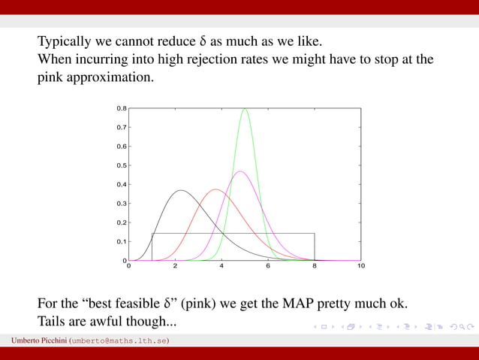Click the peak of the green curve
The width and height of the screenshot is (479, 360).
click(245, 110)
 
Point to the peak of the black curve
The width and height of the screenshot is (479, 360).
click(181, 191)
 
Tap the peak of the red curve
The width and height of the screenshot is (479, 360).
click(216, 189)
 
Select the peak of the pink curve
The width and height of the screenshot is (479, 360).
click(240, 171)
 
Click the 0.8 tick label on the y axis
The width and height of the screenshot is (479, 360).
click(121, 108)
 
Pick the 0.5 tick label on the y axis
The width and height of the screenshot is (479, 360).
click(121, 165)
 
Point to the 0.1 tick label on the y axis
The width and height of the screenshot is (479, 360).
click(121, 241)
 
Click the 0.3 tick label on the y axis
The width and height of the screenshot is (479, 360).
click(121, 204)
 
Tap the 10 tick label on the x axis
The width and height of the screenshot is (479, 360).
click(361, 266)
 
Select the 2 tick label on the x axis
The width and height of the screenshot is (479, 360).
click(175, 266)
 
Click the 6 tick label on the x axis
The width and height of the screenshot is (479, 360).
click(268, 266)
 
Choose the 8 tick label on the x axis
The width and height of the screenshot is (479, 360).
click(315, 266)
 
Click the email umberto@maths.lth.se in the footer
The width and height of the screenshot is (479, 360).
click(119, 341)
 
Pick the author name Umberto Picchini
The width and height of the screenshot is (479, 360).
click(38, 341)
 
